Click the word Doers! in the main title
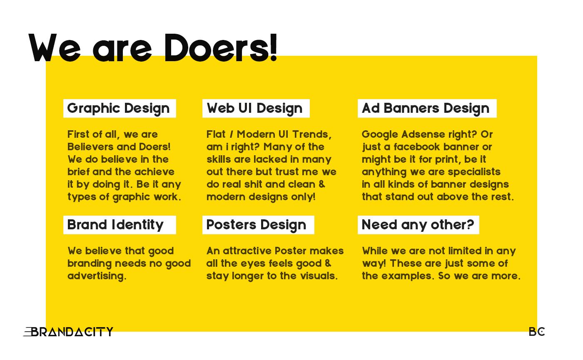(221, 48)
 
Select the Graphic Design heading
(118, 109)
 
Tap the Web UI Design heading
(254, 109)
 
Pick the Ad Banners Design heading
(426, 108)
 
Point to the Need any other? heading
(418, 225)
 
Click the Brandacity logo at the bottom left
(68, 332)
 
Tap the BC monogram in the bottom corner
(537, 332)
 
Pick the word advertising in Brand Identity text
(97, 276)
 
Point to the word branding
(90, 263)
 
